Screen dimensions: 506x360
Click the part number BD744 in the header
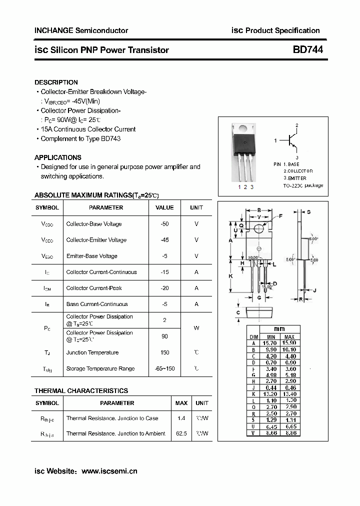307,49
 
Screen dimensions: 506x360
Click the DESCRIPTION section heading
56,82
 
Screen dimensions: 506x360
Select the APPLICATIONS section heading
58,157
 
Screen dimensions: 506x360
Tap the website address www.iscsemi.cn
109,470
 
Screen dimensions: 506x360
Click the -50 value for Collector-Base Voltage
164,224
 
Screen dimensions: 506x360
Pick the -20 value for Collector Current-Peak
164,288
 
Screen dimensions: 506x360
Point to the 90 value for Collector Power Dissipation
164,336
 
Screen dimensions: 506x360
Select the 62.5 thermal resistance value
181,433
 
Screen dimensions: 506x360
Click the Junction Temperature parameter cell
92,352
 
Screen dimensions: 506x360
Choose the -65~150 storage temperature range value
164,368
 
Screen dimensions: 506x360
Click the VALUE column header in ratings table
164,207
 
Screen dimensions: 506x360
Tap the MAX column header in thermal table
181,403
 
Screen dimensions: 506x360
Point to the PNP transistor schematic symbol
291,141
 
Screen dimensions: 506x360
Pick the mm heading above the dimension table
279,328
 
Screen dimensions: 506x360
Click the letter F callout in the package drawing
281,216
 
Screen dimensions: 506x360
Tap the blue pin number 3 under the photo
252,187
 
